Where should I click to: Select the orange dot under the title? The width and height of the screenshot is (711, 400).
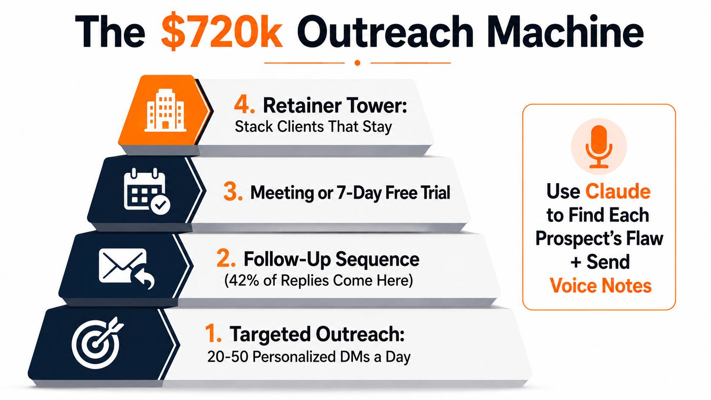tap(357, 63)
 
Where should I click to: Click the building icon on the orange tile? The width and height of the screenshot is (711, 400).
tap(165, 110)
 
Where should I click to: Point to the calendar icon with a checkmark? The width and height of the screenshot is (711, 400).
tap(147, 191)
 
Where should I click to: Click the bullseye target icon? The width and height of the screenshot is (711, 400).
tap(97, 342)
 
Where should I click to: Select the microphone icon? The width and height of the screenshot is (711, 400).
tap(599, 146)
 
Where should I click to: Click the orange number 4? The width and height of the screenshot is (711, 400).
tap(244, 105)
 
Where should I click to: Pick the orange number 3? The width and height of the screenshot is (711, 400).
tap(233, 192)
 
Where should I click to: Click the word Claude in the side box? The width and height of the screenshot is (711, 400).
tap(618, 191)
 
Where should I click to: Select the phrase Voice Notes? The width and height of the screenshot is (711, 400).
tap(600, 285)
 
